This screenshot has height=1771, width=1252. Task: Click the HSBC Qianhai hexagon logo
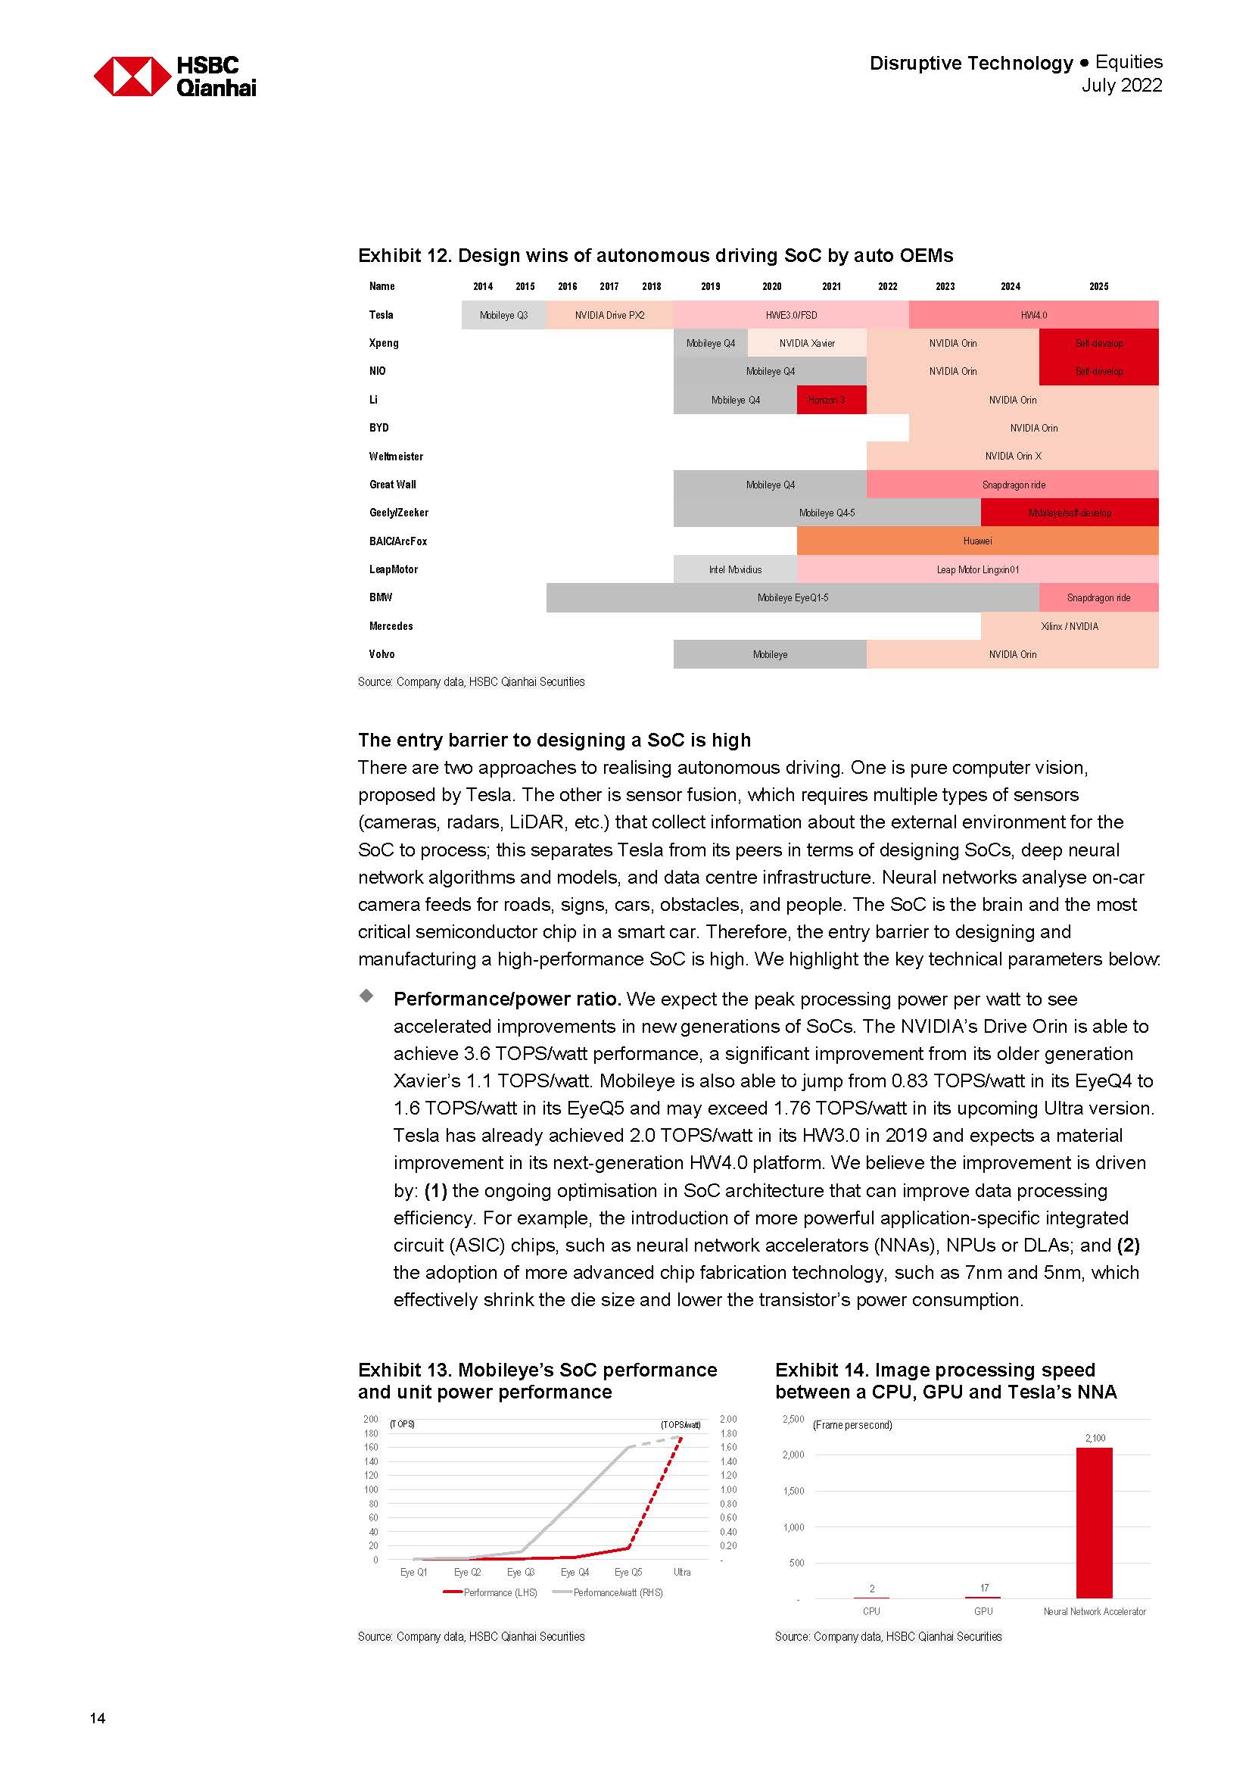(x=132, y=76)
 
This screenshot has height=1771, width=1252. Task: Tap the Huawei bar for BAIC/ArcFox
(x=976, y=541)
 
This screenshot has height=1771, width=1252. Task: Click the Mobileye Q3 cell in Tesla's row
(x=503, y=315)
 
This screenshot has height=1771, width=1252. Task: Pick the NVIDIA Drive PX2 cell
(x=609, y=315)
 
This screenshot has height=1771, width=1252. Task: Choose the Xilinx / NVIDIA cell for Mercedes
(x=1069, y=625)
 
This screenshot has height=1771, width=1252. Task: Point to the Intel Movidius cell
(x=735, y=569)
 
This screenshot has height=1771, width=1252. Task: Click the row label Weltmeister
(x=395, y=456)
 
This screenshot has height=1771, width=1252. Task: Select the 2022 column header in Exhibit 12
(x=887, y=286)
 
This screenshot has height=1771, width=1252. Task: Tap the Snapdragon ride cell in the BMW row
(x=1098, y=597)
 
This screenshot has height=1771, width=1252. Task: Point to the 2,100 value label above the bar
(x=1095, y=1438)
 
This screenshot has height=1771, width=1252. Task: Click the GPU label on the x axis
(x=983, y=1611)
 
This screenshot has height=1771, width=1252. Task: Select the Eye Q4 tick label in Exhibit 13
(x=575, y=1572)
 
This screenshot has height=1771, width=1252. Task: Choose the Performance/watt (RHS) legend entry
(x=609, y=1592)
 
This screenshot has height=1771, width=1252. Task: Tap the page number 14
(x=97, y=1718)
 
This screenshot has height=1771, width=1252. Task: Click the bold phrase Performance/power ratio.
(x=506, y=999)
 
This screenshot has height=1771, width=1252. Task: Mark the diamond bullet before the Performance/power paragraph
(x=367, y=996)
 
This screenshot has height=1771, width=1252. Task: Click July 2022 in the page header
(x=1121, y=85)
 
